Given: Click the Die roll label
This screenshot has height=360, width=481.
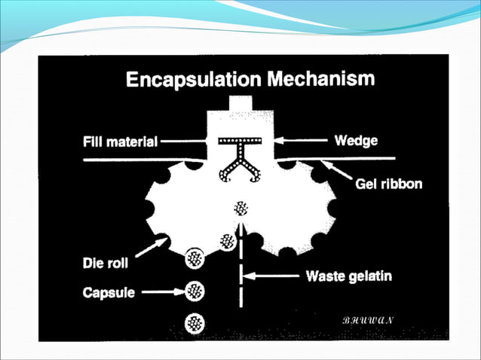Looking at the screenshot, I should point(109,264).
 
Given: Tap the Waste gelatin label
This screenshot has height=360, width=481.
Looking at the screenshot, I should point(348,276).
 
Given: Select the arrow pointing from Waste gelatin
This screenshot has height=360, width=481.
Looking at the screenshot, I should point(274,277).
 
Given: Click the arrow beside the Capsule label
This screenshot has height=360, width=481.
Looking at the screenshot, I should point(164,290).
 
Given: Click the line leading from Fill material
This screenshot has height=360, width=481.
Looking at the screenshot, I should point(185,141).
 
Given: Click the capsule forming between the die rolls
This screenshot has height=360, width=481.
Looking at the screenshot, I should point(241,208).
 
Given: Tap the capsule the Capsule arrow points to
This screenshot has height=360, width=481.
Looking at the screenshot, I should point(196,290).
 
